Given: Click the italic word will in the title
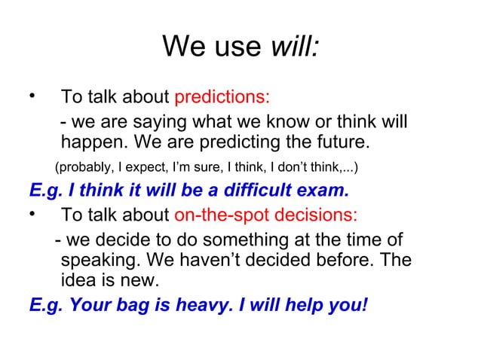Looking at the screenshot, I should click(x=295, y=47).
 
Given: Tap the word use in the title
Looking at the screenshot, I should click(x=235, y=49).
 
